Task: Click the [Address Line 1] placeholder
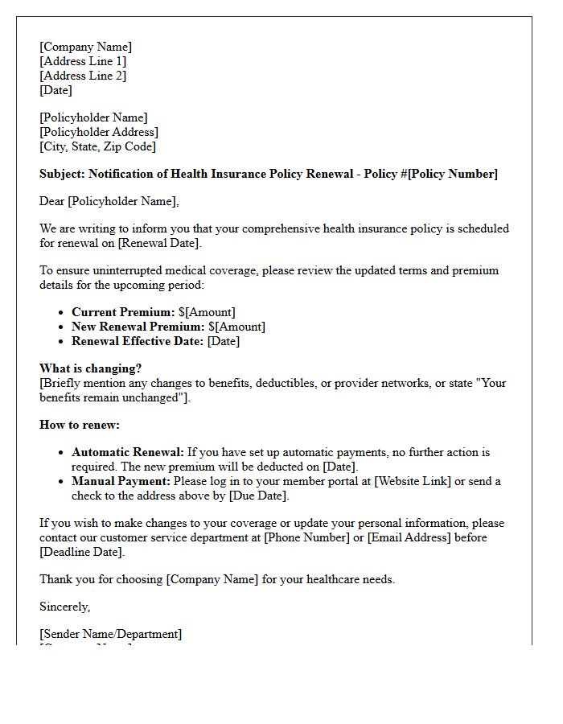[x=83, y=61]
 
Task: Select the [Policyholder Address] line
[x=99, y=132]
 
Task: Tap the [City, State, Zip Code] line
[x=98, y=146]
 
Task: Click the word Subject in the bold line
[x=62, y=174]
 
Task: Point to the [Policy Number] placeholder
[x=453, y=174]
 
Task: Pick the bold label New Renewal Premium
[x=138, y=327]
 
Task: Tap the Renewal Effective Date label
[x=138, y=341]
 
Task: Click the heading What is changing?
[x=91, y=369]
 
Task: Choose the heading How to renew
[x=80, y=425]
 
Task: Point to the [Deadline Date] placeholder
[x=81, y=552]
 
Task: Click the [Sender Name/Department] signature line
[x=111, y=634]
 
